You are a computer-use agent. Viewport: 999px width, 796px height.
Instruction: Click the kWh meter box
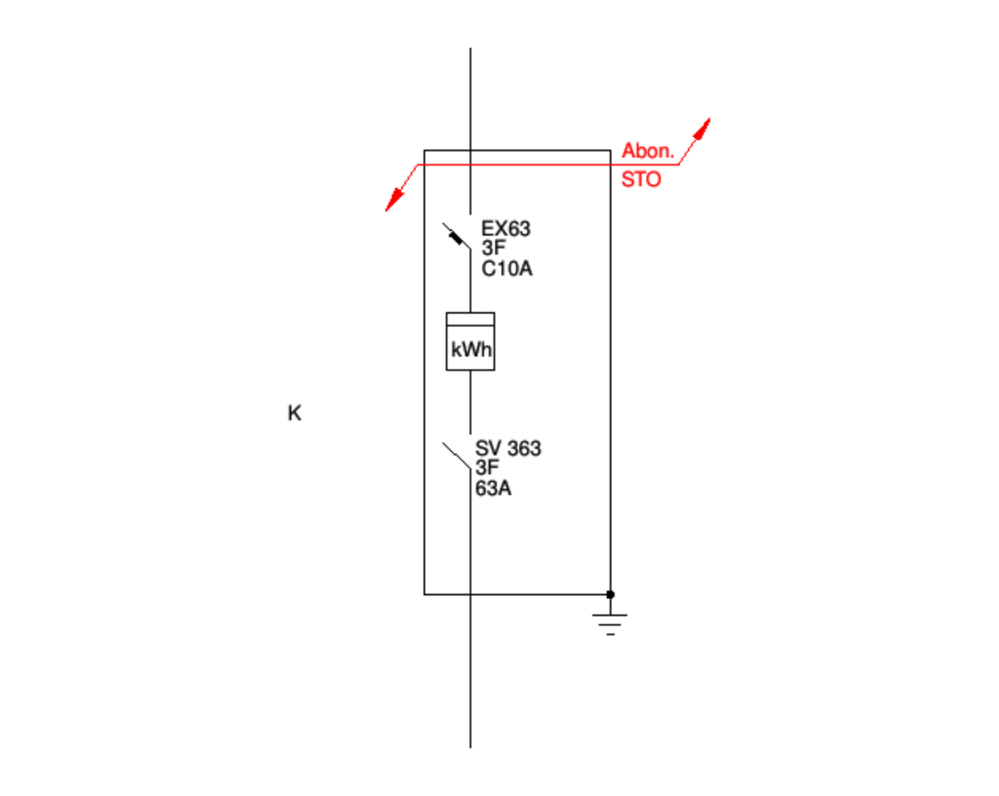[470, 341]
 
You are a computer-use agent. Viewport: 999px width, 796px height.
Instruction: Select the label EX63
[505, 229]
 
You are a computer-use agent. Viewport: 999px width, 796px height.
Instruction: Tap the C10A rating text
[506, 269]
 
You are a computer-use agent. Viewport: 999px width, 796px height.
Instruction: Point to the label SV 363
[508, 448]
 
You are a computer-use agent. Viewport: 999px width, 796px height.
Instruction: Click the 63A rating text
[493, 489]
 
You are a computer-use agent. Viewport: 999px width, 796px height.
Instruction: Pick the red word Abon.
[647, 151]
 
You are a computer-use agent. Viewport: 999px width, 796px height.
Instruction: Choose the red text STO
[640, 180]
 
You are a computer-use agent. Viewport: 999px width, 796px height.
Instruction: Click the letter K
[294, 413]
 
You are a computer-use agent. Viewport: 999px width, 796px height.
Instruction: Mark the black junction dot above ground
[610, 594]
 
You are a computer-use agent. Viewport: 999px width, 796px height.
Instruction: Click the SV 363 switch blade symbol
[457, 456]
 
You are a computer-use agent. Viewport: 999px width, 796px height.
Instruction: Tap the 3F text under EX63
[493, 248]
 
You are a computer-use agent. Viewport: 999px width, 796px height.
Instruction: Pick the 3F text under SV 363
[486, 468]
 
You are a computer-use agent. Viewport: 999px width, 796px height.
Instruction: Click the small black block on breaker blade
[456, 238]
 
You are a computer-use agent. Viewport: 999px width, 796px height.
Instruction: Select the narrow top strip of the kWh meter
[470, 319]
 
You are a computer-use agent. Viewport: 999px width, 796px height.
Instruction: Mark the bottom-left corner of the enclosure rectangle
[424, 594]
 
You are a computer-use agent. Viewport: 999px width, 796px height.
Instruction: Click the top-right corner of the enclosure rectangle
[610, 150]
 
